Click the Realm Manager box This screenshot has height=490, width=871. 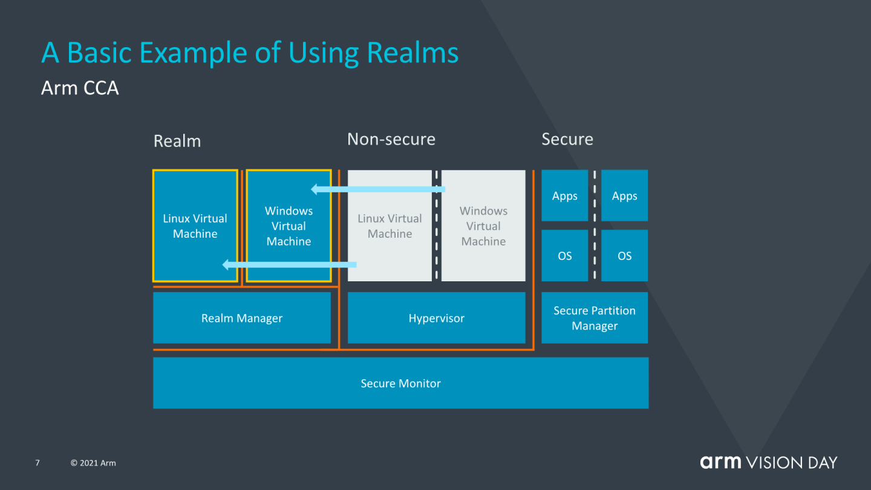pos(242,318)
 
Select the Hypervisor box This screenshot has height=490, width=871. pos(436,318)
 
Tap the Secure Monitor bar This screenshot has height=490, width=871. pos(400,384)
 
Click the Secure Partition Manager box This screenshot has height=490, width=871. pos(595,318)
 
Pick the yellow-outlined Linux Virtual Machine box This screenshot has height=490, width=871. pos(195,226)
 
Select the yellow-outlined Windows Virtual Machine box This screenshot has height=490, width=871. pos(289,226)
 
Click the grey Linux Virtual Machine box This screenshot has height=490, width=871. pos(390,226)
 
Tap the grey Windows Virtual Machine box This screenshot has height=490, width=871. pos(483,226)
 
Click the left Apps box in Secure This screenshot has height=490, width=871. pos(564,196)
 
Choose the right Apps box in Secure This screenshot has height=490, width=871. pos(624,196)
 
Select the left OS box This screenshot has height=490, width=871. pos(564,256)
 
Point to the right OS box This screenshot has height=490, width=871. pos(624,256)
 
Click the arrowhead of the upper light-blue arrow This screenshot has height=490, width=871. pos(315,189)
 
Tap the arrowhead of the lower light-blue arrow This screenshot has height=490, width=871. pos(227,264)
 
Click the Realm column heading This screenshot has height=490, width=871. pos(177,141)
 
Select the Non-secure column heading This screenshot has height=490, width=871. pos(391,139)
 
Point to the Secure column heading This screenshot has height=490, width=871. pos(567,139)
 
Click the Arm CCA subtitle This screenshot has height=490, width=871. pos(80,88)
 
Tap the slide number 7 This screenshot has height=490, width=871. pos(38,463)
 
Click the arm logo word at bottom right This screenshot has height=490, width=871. pos(720,462)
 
